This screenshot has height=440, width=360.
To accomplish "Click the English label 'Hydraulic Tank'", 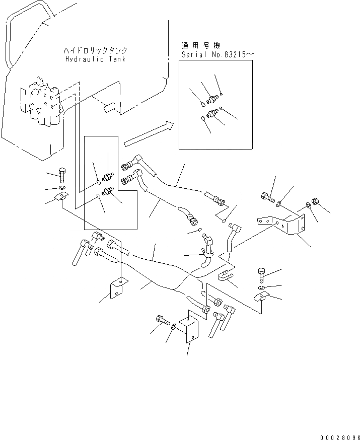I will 95,59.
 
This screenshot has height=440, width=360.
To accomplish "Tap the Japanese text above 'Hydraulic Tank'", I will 95,51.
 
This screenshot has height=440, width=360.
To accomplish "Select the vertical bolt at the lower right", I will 261,275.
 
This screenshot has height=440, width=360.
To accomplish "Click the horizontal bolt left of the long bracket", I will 266,197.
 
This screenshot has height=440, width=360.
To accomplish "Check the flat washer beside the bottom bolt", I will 174,327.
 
